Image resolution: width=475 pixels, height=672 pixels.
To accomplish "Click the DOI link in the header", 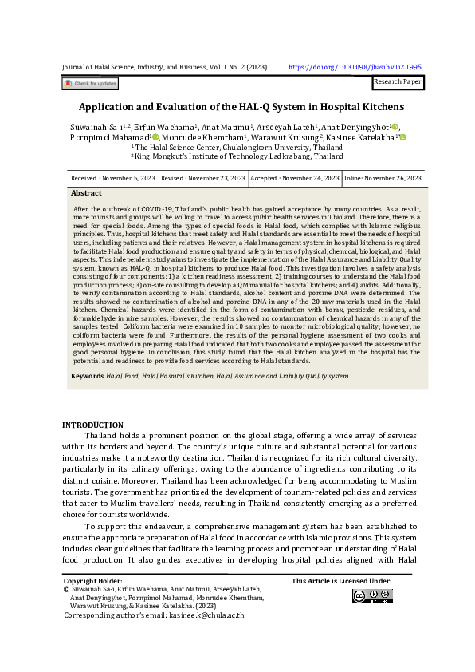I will point(354,68).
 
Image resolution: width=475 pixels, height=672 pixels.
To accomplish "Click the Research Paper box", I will point(398,81).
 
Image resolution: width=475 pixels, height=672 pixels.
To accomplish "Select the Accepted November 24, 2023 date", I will point(294,179).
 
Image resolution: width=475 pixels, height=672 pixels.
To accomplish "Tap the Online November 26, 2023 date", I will point(375,179).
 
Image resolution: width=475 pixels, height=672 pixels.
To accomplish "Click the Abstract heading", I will point(86,193).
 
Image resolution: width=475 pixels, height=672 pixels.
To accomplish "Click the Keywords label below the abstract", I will point(87,374).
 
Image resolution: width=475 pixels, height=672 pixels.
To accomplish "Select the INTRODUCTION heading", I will point(92,425).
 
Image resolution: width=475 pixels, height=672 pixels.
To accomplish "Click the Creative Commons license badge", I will point(373,596).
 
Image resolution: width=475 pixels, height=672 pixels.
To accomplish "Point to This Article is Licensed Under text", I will point(341,581).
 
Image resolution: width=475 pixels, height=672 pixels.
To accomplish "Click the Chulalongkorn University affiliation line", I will point(238,147).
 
